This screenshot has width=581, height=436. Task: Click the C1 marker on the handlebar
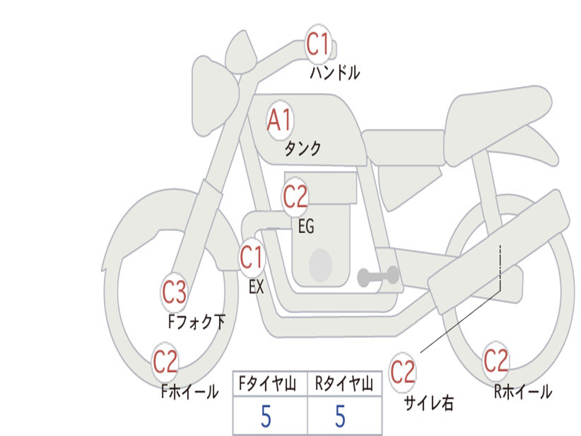tap(318, 44)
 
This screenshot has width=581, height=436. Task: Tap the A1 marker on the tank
tap(280, 120)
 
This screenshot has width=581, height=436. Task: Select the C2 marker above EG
tap(295, 196)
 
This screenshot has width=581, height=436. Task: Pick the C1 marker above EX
tap(252, 257)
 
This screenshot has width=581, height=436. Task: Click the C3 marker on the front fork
tap(174, 292)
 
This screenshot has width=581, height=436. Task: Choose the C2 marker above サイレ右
tap(402, 372)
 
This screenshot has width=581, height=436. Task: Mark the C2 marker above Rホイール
tap(496, 361)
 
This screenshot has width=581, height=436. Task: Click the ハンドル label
tap(335, 73)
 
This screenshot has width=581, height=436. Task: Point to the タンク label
tap(303, 148)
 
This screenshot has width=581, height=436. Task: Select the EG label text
tap(306, 226)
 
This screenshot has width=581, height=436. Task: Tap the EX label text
tap(256, 287)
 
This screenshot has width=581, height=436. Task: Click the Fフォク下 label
tap(197, 321)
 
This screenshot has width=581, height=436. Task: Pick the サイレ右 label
tap(429, 403)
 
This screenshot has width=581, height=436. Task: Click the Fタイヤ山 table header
tap(268, 384)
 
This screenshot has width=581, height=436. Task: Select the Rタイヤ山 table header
tap(344, 384)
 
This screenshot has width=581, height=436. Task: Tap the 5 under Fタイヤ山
tap(266, 416)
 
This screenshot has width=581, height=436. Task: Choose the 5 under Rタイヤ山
tap(340, 416)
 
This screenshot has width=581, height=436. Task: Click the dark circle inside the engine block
tap(321, 265)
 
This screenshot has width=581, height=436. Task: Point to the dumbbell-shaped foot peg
tap(378, 276)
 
